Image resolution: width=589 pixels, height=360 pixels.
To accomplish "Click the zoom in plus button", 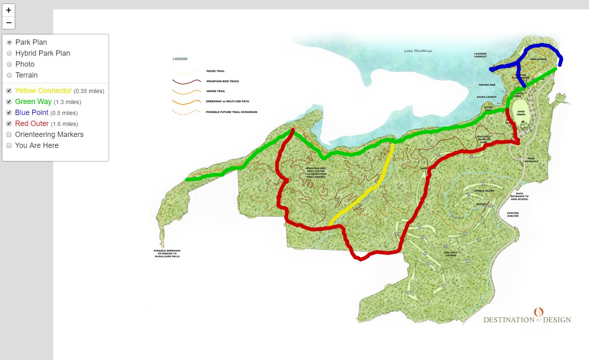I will (9, 10).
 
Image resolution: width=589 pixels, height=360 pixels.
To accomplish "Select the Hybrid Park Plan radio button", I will (9, 53).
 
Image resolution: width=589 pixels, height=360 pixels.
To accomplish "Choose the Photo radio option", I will (9, 64).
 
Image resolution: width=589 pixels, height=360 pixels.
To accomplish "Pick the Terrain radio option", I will (9, 75).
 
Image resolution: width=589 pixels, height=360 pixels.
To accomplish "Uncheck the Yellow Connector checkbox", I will (9, 91).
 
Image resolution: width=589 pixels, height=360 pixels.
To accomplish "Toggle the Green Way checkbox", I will (9, 102).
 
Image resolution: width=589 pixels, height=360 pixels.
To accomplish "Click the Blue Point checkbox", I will (9, 113).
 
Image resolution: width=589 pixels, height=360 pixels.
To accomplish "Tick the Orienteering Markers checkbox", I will (9, 134).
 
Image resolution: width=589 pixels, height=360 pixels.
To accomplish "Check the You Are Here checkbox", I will (9, 145).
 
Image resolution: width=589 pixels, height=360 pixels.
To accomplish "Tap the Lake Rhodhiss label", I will (418, 51).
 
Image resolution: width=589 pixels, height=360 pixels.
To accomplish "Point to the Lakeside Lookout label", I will (480, 55).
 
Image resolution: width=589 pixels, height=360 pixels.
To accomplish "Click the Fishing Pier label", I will (487, 85).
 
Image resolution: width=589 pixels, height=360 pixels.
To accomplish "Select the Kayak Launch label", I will (486, 97).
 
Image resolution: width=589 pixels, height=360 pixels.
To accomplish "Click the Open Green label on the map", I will (521, 113).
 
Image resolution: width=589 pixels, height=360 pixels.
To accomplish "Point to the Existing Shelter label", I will (513, 214).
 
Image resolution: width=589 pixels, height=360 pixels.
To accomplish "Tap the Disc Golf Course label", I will (451, 254).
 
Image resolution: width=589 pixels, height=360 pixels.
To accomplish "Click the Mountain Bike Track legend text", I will (223, 81).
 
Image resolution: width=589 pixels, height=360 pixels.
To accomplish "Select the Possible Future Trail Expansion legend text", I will (232, 112).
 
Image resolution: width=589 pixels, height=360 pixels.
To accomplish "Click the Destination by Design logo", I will (527, 317).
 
